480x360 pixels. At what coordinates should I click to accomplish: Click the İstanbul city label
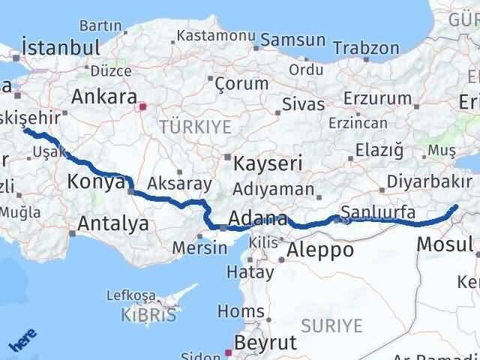point(61,48)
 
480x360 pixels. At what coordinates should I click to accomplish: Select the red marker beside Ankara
point(141,107)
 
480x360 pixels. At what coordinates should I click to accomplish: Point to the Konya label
point(95,181)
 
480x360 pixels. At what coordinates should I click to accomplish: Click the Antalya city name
point(112,223)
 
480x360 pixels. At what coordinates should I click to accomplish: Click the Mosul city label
point(445,244)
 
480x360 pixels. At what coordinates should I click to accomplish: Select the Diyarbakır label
point(430,181)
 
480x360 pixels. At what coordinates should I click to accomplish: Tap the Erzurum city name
point(378,99)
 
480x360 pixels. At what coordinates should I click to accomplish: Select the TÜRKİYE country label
point(194,127)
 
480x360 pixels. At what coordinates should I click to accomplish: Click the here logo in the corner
point(22,342)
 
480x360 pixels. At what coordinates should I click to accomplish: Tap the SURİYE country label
point(331,325)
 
